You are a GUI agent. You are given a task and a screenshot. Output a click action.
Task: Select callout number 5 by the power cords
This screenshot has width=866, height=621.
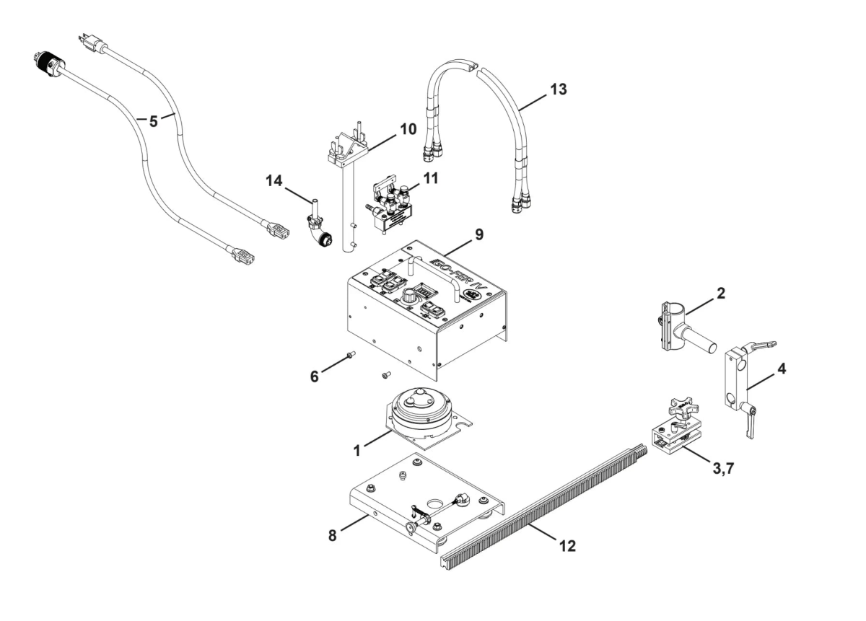coord(153,121)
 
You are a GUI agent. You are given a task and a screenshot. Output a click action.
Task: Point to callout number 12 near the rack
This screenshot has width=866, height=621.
coord(567,546)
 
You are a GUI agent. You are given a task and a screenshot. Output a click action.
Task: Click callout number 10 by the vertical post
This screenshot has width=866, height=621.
coord(408,130)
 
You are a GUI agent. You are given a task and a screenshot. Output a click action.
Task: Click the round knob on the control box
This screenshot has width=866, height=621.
coord(410,296)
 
